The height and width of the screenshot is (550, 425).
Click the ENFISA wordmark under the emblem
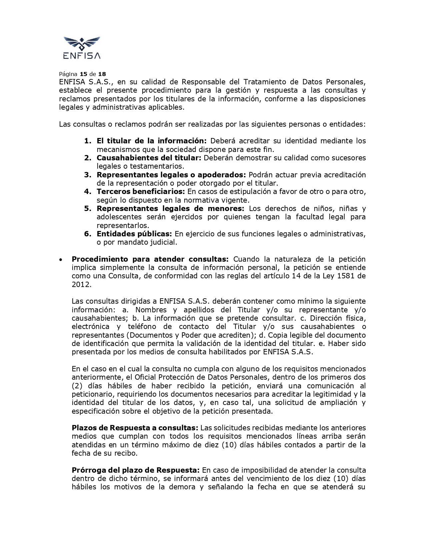pyautogui.click(x=82, y=55)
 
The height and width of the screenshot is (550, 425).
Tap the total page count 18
pyautogui.click(x=102, y=74)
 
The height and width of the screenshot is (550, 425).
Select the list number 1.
pyautogui.click(x=87, y=141)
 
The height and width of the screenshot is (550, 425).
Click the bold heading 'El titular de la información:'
pyautogui.click(x=152, y=141)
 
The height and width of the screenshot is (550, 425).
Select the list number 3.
pyautogui.click(x=87, y=175)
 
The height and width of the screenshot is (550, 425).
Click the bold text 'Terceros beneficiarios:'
pyautogui.click(x=141, y=192)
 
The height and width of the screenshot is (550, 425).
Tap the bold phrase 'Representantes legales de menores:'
pyautogui.click(x=170, y=209)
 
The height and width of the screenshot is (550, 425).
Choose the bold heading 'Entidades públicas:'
pyautogui.click(x=134, y=234)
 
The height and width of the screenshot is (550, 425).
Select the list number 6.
pyautogui.click(x=87, y=234)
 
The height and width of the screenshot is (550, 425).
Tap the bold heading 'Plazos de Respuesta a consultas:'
pyautogui.click(x=135, y=428)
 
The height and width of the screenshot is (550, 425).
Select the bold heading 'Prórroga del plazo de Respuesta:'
pyautogui.click(x=136, y=470)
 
